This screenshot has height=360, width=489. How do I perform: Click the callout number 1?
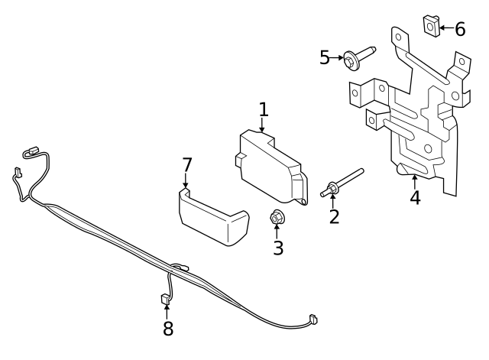click(264, 109)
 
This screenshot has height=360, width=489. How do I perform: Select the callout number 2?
click(334, 216)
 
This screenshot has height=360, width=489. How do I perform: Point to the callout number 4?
click(415, 197)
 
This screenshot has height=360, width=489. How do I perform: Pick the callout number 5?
click(325, 57)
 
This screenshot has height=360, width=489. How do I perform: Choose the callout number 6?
click(459, 29)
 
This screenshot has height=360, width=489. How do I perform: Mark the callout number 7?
click(186, 164)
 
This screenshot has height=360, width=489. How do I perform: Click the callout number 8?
click(168, 329)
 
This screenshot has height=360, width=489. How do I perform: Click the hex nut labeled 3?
click(277, 219)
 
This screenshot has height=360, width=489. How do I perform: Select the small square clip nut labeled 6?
click(431, 26)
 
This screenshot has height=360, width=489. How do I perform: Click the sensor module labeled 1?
click(268, 164)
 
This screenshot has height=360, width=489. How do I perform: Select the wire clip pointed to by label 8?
click(166, 299)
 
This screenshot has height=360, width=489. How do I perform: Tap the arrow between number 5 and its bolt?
click(338, 57)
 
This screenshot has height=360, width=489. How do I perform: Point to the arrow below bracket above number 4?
click(415, 180)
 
